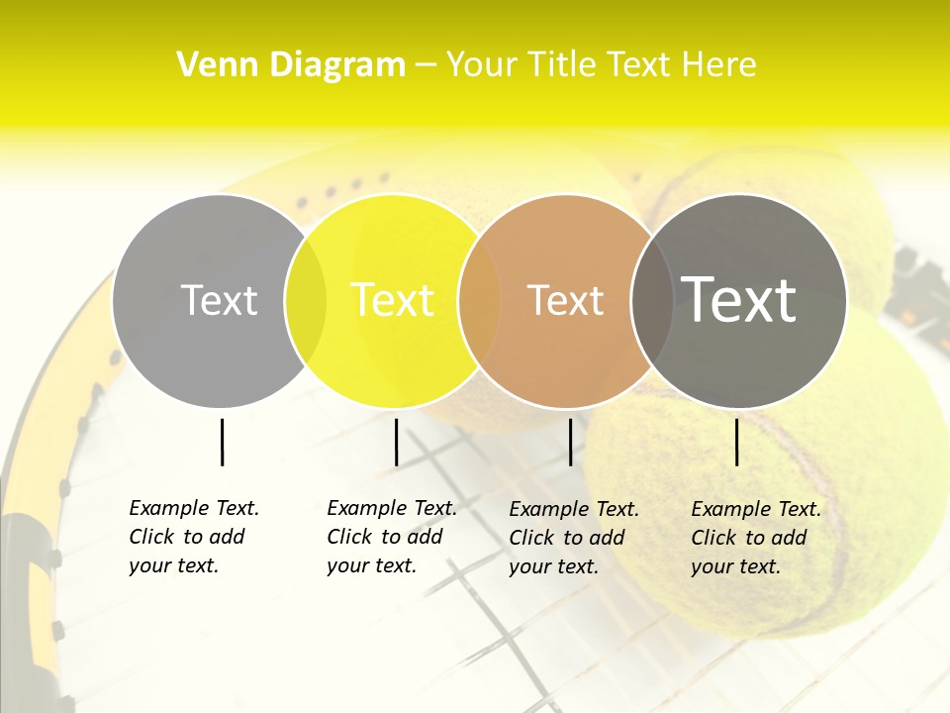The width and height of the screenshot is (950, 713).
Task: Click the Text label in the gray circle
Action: point(219,300)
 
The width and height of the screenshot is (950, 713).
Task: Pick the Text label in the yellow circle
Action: point(392,300)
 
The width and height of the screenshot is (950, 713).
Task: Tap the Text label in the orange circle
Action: point(565,300)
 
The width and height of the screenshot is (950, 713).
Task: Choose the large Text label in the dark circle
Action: point(738,300)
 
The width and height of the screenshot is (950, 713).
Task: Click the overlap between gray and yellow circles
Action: point(306,301)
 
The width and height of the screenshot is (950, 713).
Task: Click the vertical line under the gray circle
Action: point(222,442)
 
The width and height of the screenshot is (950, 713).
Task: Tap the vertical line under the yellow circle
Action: point(396,442)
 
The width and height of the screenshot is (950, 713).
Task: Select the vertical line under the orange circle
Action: point(570,442)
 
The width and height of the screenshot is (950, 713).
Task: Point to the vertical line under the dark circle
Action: point(736,442)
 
